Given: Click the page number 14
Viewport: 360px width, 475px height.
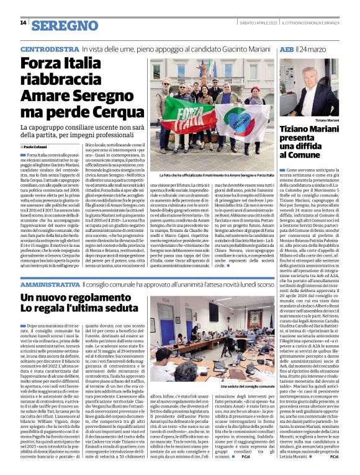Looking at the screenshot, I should click(23, 23).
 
